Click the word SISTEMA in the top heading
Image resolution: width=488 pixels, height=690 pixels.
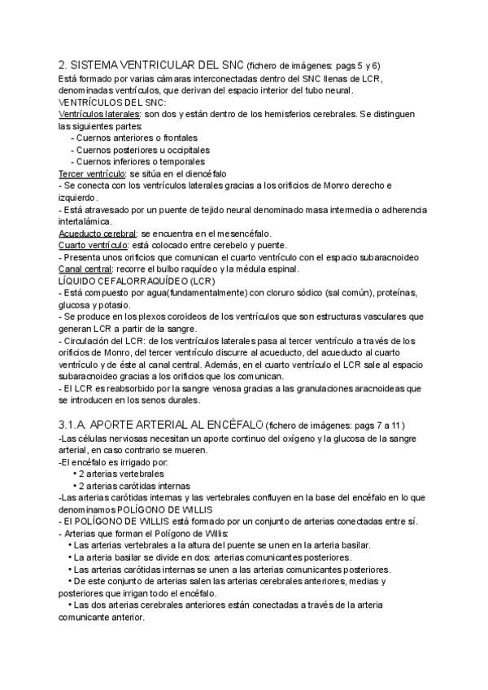[102, 64]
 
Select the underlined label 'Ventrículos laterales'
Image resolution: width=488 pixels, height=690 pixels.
[99, 116]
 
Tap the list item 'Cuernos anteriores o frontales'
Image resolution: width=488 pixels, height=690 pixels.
[134, 138]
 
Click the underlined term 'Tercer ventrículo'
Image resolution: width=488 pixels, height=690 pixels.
[92, 173]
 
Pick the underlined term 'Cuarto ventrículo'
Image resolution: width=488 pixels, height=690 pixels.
[93, 245]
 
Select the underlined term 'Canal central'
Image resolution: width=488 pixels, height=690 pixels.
[85, 269]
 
